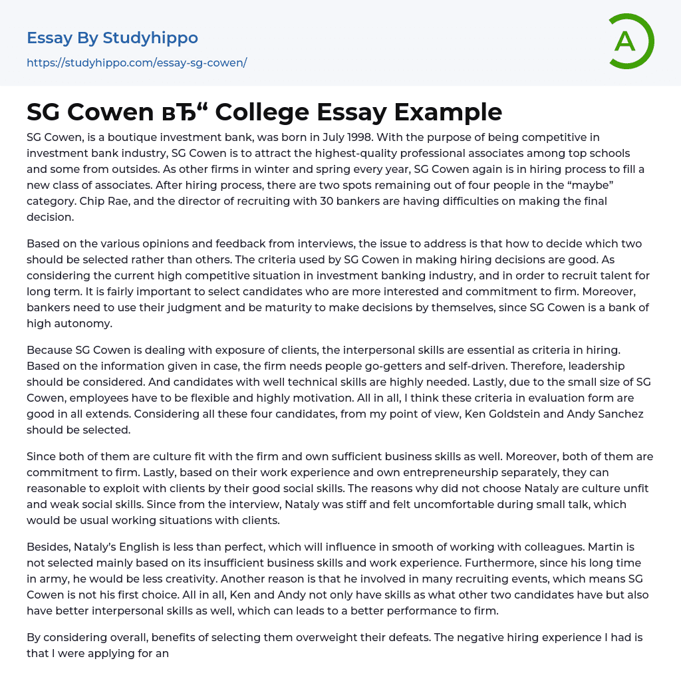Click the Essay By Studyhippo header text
(112, 38)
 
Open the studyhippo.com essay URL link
(136, 63)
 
